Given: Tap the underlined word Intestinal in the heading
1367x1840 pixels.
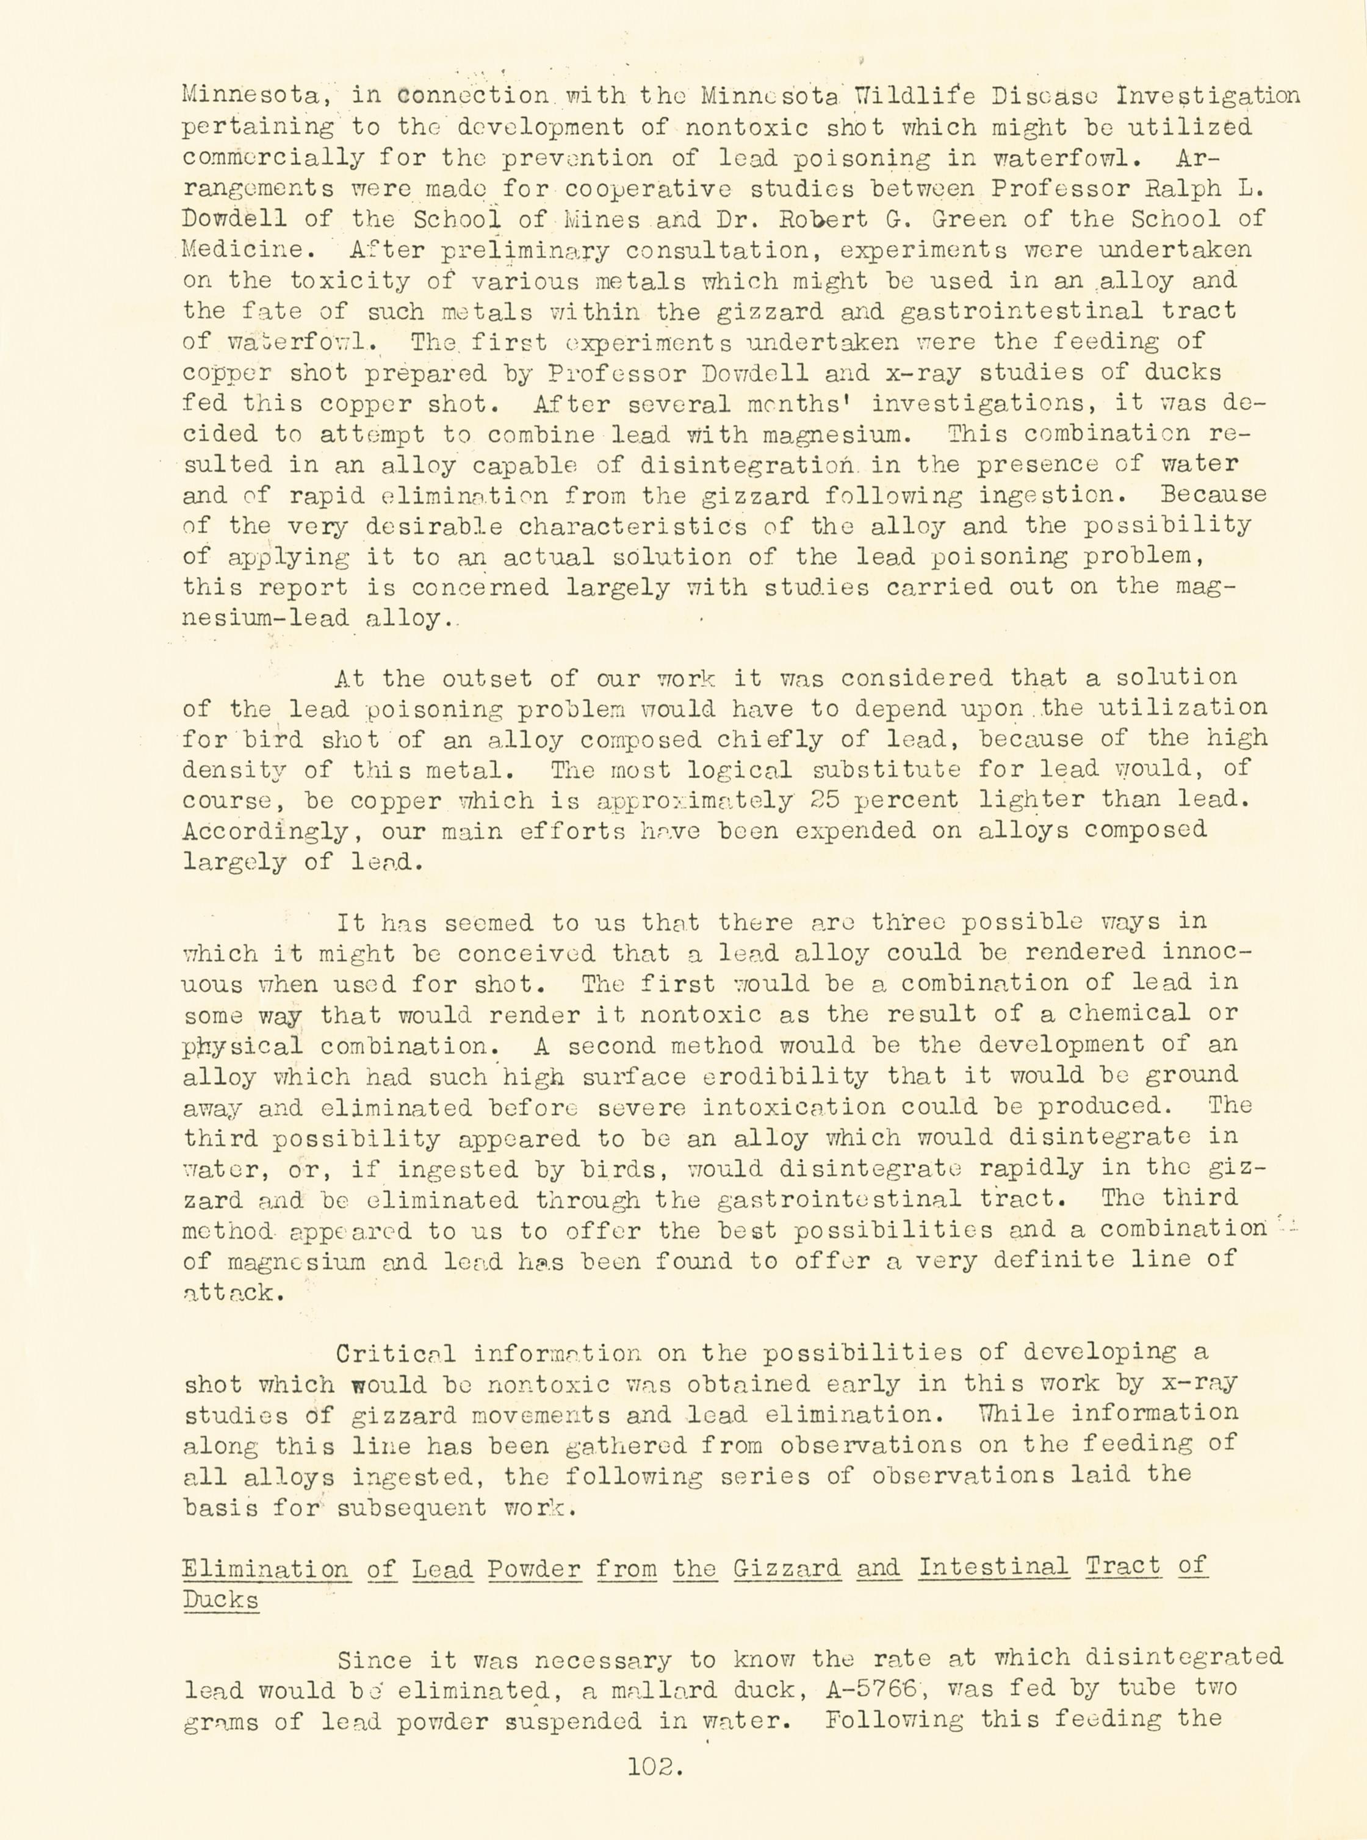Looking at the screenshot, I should [993, 1567].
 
